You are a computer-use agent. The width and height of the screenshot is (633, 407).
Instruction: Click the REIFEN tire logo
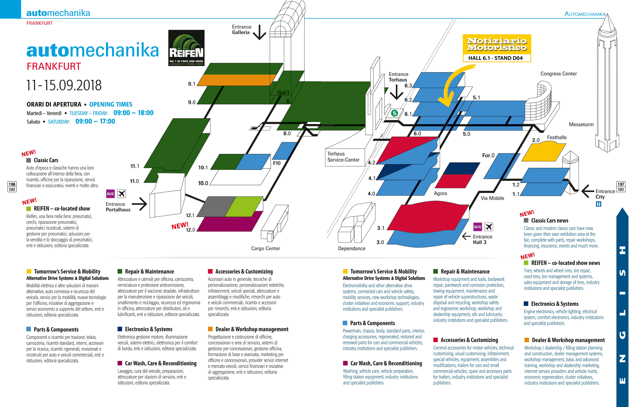186,48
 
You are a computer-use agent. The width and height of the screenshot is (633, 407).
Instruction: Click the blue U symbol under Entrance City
598,204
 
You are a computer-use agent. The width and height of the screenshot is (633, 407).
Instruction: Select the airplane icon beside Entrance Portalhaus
121,194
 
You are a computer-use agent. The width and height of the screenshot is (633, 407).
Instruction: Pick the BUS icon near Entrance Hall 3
477,227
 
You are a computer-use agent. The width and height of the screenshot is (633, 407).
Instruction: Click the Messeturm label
581,124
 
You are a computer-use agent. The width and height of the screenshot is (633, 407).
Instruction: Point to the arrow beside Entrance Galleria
259,32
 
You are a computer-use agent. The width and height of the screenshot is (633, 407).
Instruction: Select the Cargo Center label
266,248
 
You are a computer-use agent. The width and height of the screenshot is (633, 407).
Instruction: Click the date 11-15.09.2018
64,85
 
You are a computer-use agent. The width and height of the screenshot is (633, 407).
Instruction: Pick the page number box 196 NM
12,187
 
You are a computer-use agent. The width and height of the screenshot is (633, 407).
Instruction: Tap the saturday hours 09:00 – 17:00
95,121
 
